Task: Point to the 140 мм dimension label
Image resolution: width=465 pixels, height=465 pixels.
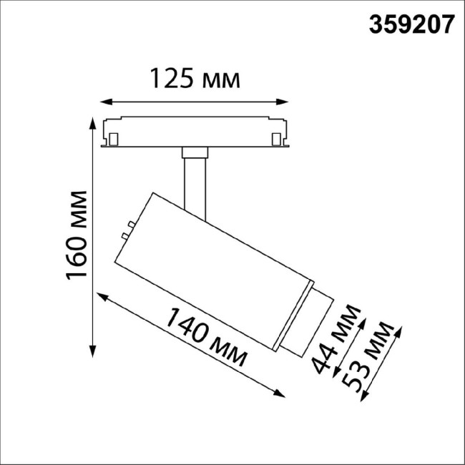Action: coord(208,335)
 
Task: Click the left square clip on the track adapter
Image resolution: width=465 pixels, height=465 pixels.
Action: coord(114,136)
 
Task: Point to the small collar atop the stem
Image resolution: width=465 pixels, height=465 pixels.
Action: coord(194,152)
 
